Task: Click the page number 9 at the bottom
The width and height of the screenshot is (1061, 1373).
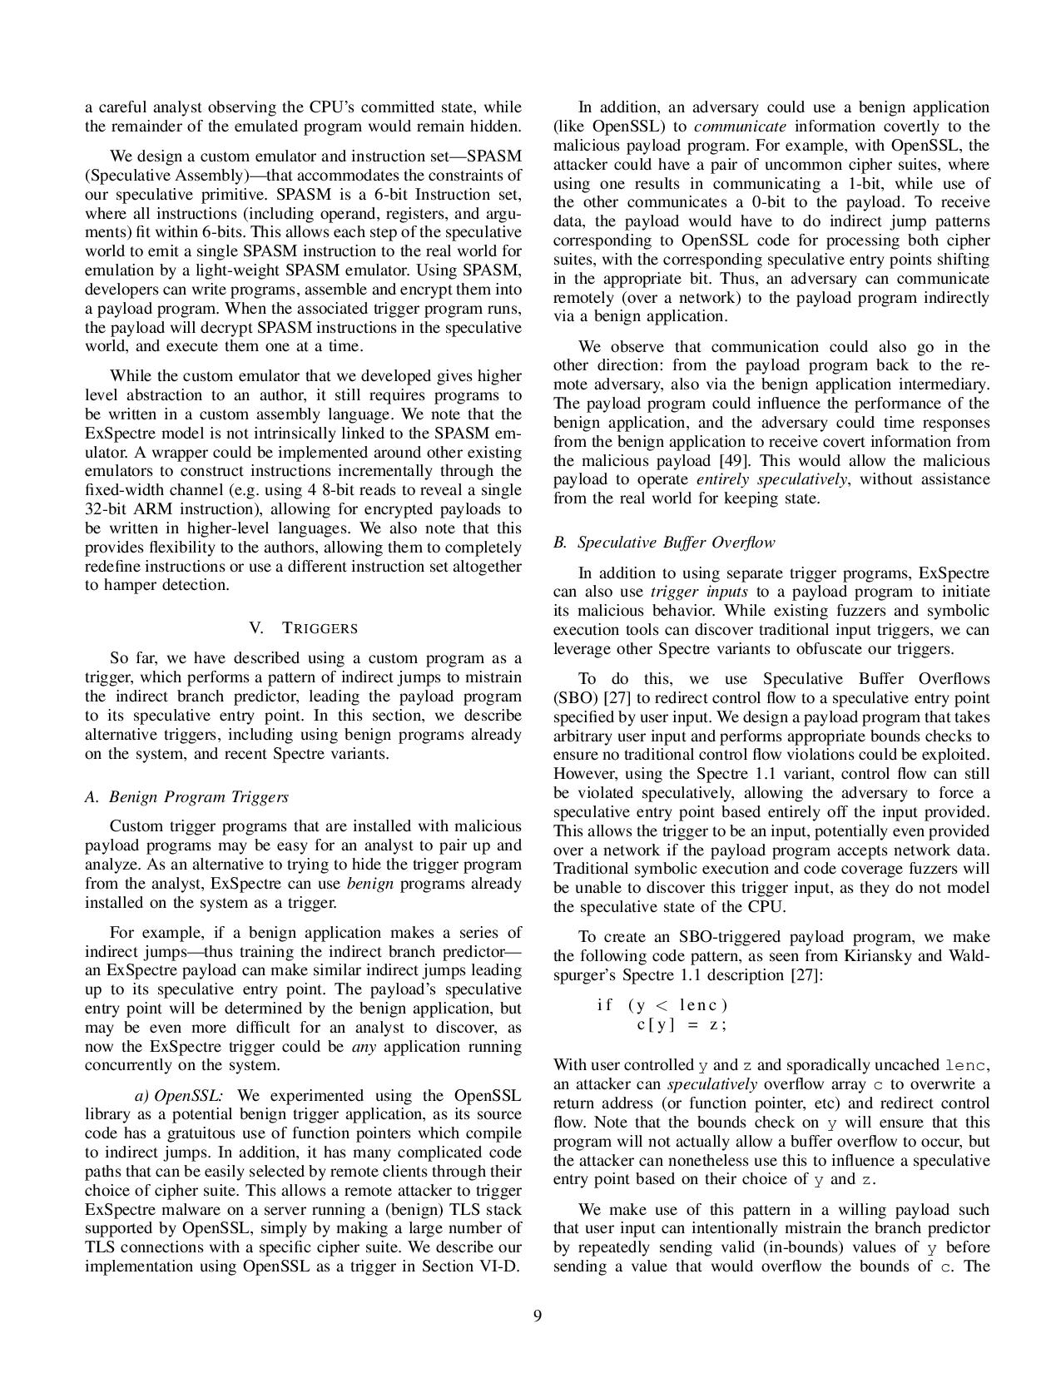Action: pyautogui.click(x=538, y=1316)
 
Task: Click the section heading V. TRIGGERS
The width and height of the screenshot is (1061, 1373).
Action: pyautogui.click(x=303, y=628)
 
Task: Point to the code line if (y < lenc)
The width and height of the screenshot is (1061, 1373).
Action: pyautogui.click(x=662, y=1004)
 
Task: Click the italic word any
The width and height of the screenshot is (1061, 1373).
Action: pyautogui.click(x=364, y=1046)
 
